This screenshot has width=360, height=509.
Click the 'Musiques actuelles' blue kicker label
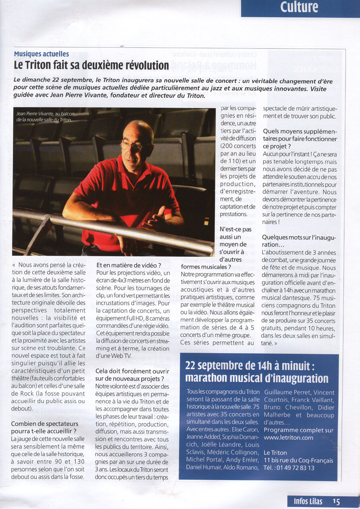(x=41, y=54)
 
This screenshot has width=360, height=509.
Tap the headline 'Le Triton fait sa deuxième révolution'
(x=91, y=65)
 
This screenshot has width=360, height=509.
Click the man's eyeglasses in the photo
(x=134, y=146)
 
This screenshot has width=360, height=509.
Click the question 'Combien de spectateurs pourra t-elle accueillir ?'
(x=45, y=428)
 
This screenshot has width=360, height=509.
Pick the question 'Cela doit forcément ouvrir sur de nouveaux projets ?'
(x=132, y=375)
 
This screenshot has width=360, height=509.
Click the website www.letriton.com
(x=288, y=437)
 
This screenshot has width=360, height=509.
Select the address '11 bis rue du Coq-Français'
(x=298, y=460)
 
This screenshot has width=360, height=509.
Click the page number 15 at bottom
(x=337, y=501)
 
